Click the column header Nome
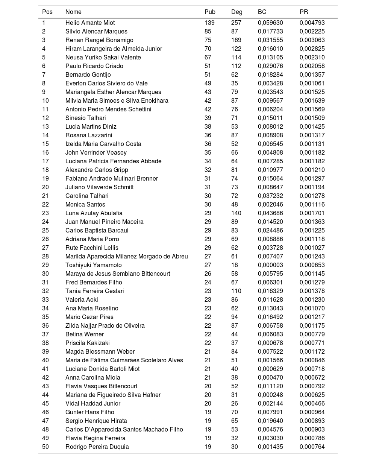point(73,12)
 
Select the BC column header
point(262,12)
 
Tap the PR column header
point(304,12)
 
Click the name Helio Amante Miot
point(90,23)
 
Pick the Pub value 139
point(209,23)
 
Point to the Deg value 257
point(236,23)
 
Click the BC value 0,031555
point(270,40)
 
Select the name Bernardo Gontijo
point(88,74)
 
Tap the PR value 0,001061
point(312,83)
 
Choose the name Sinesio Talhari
point(86,118)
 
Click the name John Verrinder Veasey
point(96,152)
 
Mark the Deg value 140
point(236,213)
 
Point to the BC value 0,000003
point(270,265)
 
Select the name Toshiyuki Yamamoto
point(94,265)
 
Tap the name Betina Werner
point(85,334)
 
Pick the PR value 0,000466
point(312,403)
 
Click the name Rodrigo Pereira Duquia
point(97,447)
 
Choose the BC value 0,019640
point(270,421)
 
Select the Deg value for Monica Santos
point(235,204)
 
